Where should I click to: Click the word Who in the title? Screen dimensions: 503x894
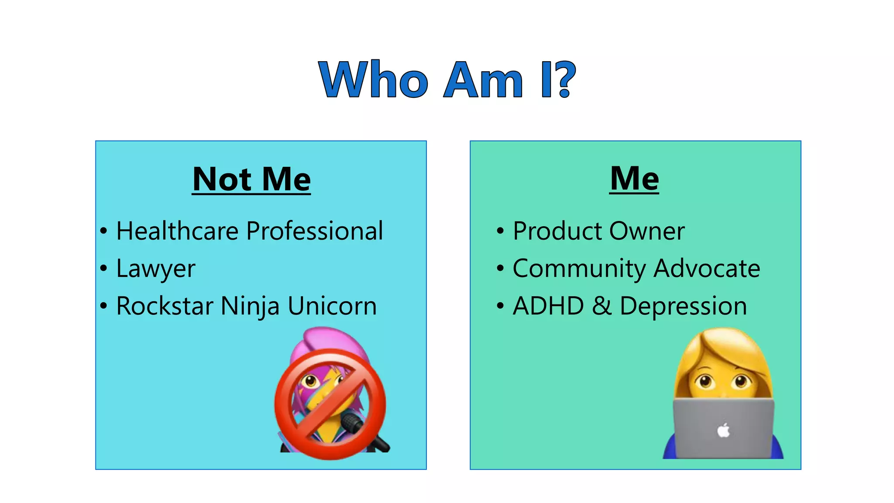(373, 79)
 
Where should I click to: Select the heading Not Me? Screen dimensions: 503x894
(251, 179)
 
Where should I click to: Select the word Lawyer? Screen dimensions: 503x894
(155, 269)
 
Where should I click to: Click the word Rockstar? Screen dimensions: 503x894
(165, 306)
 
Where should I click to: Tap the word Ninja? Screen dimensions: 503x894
(250, 306)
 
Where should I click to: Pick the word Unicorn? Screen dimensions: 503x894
(332, 306)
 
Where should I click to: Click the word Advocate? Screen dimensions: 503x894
(707, 268)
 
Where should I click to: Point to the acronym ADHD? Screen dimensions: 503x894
(548, 306)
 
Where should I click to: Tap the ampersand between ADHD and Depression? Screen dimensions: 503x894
(602, 306)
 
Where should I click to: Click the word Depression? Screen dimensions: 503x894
(683, 306)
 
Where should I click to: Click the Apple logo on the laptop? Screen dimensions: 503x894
(723, 431)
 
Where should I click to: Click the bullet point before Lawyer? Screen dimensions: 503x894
(103, 268)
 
